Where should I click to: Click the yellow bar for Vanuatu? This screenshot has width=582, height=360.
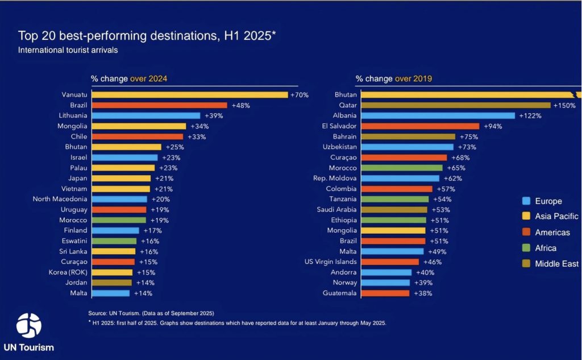point(189,95)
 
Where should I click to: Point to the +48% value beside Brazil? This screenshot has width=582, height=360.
point(240,105)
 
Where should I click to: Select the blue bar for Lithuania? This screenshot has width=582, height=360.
point(146,115)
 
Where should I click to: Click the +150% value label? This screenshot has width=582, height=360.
point(565,105)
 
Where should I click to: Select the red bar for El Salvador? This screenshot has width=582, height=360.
point(420,126)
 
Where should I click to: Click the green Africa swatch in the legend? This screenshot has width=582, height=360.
point(526,248)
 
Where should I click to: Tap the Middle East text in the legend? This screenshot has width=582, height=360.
point(557,264)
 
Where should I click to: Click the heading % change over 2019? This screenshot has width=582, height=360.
point(394,78)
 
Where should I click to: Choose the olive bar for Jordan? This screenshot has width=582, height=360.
point(111,283)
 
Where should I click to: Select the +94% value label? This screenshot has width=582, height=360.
point(493,126)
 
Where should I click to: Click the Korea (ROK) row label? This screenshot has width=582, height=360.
point(68,272)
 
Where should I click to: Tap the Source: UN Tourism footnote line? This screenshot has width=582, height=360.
point(151,313)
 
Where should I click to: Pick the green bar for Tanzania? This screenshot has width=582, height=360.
point(395,199)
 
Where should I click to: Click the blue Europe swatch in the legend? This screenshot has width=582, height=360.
point(526,201)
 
